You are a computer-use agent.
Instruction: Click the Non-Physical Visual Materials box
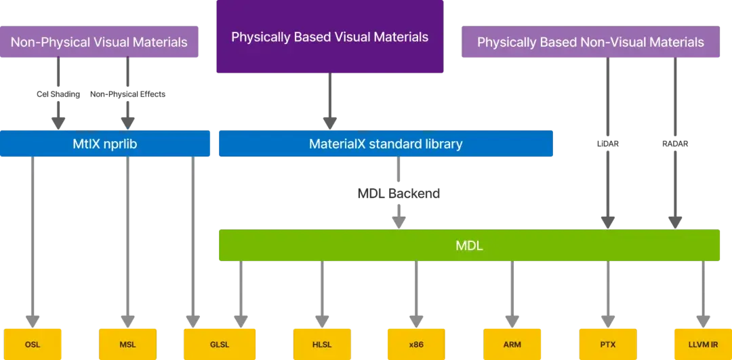click(x=99, y=42)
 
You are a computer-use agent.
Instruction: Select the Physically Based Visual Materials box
click(x=329, y=37)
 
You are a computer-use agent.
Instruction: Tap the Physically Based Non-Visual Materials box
click(x=590, y=42)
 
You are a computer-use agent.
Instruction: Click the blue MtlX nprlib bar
click(x=106, y=144)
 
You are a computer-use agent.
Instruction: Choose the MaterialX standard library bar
click(x=385, y=144)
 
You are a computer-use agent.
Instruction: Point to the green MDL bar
click(x=469, y=245)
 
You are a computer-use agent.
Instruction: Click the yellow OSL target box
click(x=33, y=344)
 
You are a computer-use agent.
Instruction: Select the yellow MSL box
click(x=127, y=344)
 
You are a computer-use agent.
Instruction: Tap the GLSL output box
click(x=220, y=344)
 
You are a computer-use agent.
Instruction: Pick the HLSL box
click(x=322, y=344)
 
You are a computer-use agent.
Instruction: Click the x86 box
click(x=416, y=344)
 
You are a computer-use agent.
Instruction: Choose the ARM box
click(x=512, y=344)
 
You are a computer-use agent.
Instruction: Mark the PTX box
click(x=607, y=344)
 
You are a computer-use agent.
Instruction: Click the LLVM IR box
click(x=703, y=344)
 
